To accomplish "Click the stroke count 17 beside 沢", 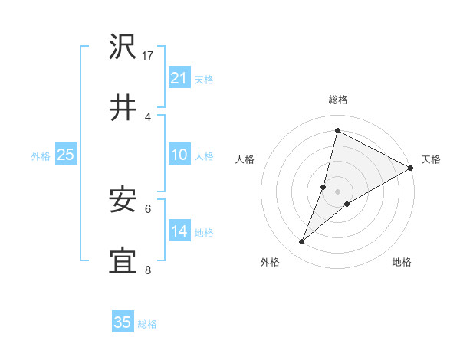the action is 149,55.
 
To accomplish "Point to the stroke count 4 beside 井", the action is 148,116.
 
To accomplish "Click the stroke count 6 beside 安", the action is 148,208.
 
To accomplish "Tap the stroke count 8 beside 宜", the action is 148,270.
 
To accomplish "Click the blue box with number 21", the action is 179,78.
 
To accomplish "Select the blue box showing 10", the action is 179,155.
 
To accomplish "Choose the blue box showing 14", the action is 179,231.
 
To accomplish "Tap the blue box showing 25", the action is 66,155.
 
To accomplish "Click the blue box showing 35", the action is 123,322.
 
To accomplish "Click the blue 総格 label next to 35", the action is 147,324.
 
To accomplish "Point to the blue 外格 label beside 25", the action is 41,156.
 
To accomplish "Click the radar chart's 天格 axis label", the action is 431,159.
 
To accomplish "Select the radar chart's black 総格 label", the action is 337,100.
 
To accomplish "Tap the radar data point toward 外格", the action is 302,242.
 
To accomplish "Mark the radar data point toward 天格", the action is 411,169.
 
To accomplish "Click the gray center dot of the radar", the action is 337,190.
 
